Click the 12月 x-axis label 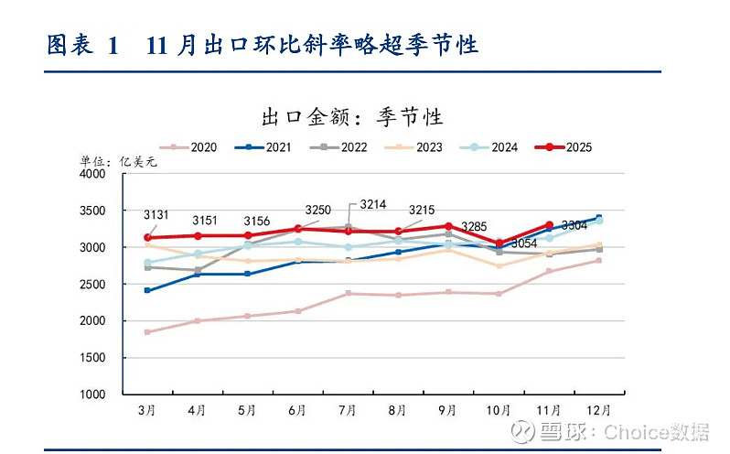coord(598,411)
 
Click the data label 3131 coord(156,215)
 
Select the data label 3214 coord(372,203)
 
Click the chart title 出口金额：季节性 coord(352,117)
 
